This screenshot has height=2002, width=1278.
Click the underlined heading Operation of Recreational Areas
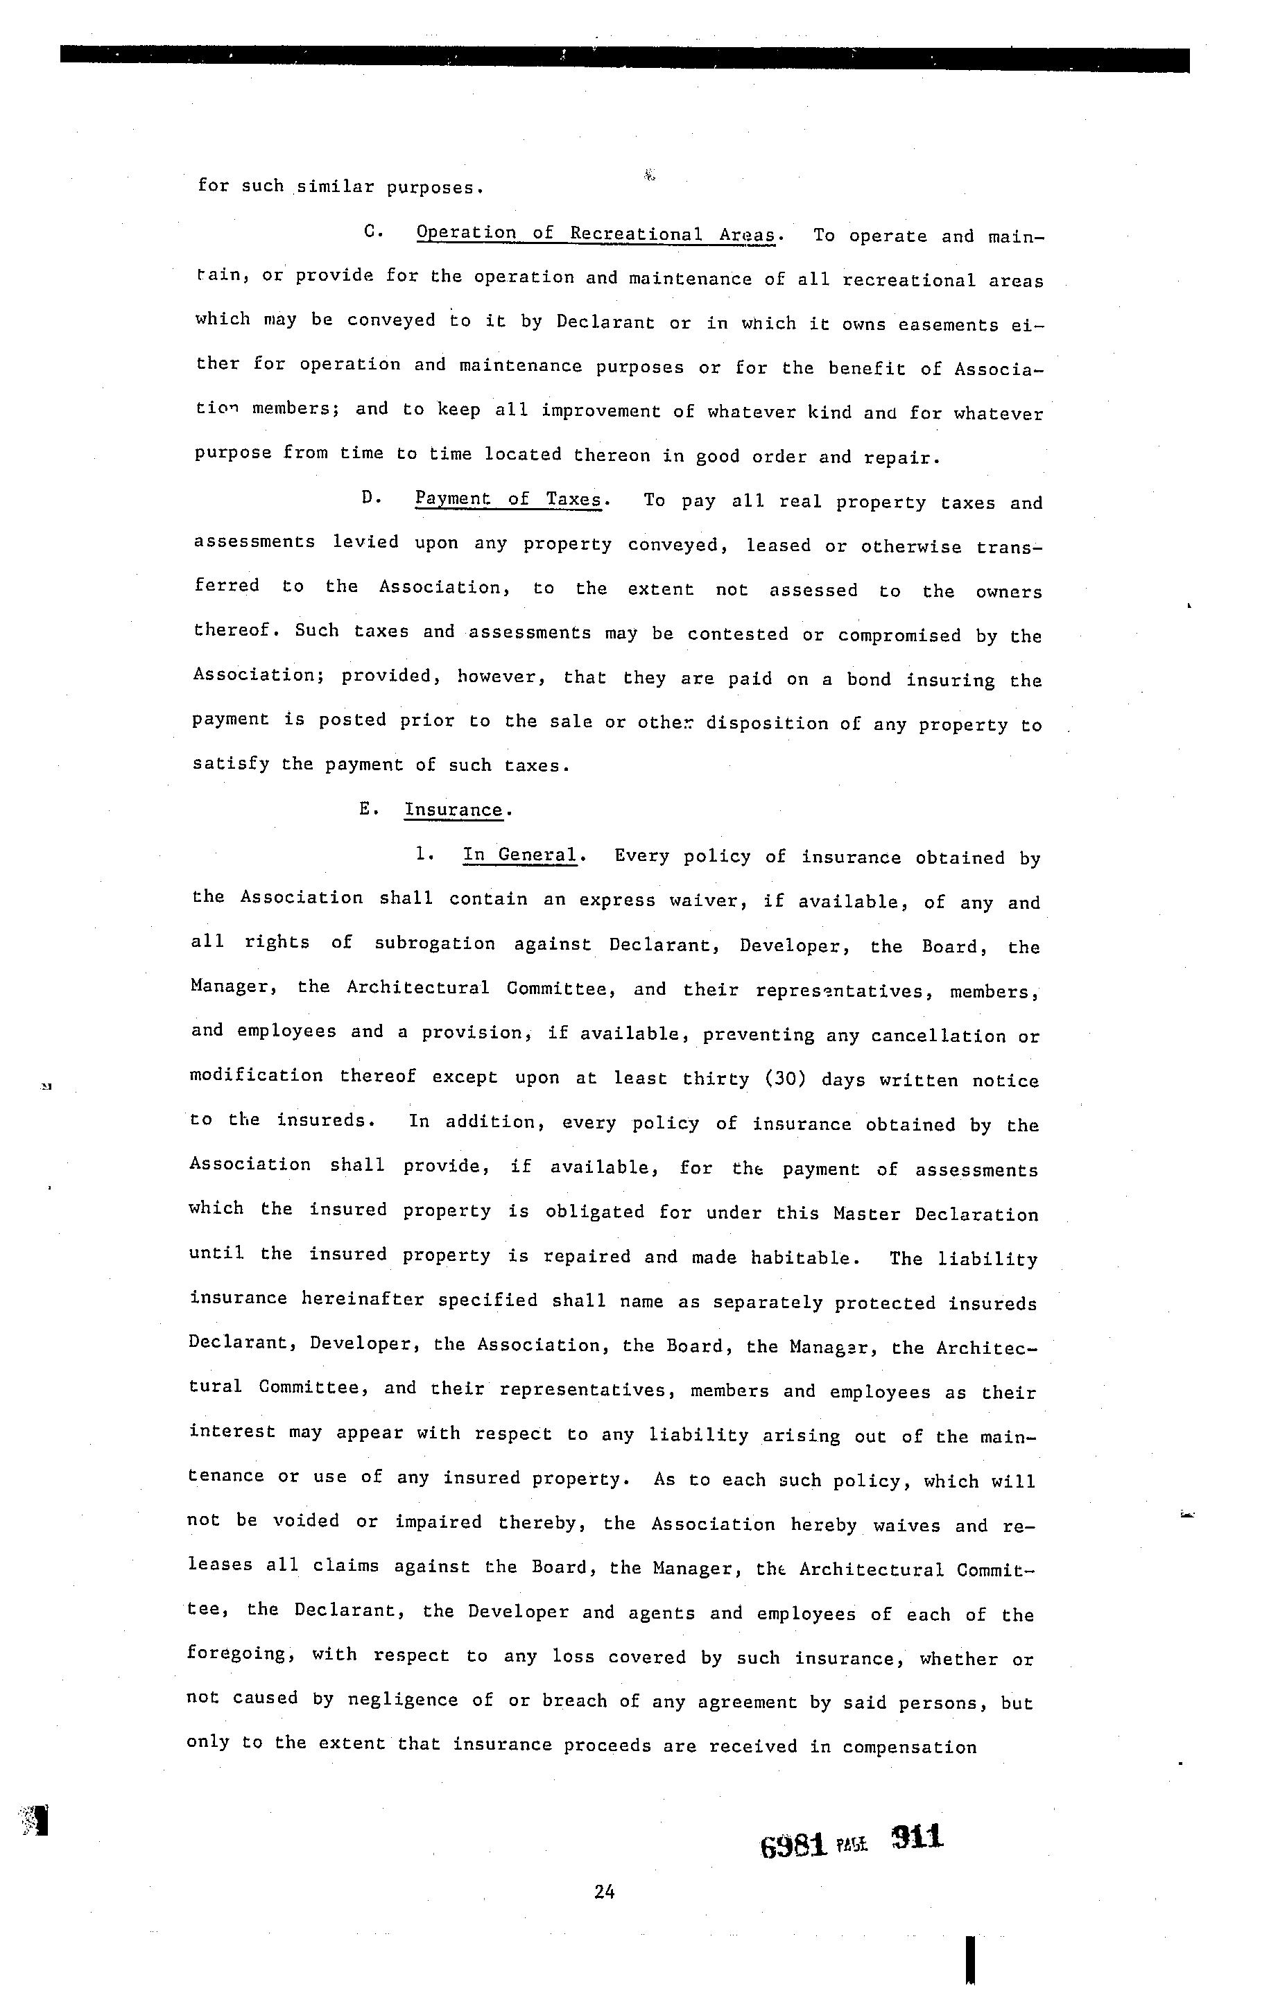tap(596, 234)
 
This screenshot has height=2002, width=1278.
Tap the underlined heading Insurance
tap(454, 810)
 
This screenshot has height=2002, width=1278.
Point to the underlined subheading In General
tap(519, 855)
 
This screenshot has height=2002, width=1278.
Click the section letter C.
tap(372, 232)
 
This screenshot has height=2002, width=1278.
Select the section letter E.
tap(367, 809)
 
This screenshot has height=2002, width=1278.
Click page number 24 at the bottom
tap(605, 1891)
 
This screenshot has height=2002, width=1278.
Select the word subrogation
tap(435, 943)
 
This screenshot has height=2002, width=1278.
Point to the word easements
tap(948, 324)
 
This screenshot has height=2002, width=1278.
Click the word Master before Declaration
tap(865, 1214)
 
